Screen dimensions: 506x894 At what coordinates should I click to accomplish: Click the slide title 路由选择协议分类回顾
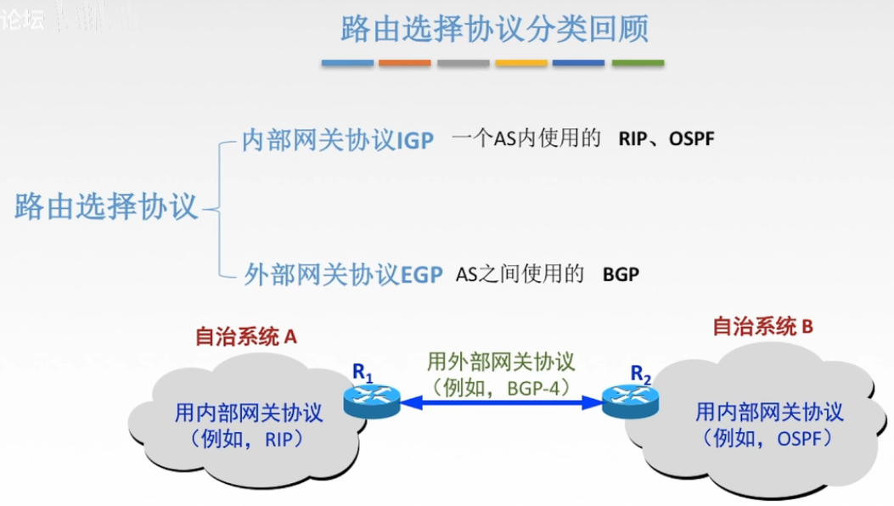pos(494,29)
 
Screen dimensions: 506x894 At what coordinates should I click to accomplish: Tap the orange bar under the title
pos(404,63)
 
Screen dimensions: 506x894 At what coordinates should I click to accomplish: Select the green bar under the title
pos(638,63)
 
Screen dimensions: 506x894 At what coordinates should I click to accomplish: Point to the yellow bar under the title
pos(521,63)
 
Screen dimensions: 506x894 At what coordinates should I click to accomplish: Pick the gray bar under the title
pos(463,63)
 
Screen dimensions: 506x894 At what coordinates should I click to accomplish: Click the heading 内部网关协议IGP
pos(337,140)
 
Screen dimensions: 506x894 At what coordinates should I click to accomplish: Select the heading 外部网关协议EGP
pos(343,274)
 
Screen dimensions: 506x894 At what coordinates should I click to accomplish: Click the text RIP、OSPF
pos(666,138)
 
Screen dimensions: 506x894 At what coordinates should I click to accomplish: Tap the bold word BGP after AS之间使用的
pos(621,274)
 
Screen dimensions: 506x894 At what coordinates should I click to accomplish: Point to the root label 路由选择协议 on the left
pos(106,206)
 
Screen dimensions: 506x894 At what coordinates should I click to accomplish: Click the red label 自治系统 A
pos(245,336)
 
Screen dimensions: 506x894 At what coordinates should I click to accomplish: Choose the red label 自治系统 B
pos(763,326)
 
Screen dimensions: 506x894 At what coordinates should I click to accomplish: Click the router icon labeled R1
pos(371,400)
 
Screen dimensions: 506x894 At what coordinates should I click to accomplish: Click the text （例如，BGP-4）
pos(501,387)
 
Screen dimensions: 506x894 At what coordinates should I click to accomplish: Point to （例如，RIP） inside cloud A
pos(248,438)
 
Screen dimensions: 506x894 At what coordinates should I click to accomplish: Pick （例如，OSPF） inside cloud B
pos(767,438)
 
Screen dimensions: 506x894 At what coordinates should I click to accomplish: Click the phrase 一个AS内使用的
pos(526,138)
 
